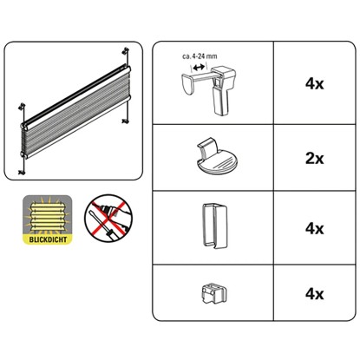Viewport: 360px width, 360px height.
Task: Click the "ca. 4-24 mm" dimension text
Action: [x=200, y=56]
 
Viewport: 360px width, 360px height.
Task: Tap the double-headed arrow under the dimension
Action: [x=199, y=68]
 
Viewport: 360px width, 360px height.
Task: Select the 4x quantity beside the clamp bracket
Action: [x=315, y=84]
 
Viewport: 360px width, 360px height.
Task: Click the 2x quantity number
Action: [x=315, y=159]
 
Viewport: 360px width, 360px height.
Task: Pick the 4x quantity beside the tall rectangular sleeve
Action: [x=315, y=228]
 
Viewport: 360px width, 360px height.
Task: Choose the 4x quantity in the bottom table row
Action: [x=315, y=294]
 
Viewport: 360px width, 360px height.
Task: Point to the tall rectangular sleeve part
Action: [x=214, y=226]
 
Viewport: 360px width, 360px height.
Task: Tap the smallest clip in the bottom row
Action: [x=213, y=293]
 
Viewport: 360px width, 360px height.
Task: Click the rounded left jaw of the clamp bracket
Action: [x=188, y=84]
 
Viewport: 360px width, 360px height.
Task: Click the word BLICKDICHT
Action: [x=48, y=239]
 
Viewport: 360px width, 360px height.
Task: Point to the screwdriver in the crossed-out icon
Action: [x=101, y=225]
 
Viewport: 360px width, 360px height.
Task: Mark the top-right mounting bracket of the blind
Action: [x=126, y=51]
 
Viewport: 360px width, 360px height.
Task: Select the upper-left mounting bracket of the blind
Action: [x=22, y=107]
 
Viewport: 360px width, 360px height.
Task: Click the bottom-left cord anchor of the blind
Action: [x=22, y=173]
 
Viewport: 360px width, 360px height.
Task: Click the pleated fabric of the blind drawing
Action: [x=76, y=113]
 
